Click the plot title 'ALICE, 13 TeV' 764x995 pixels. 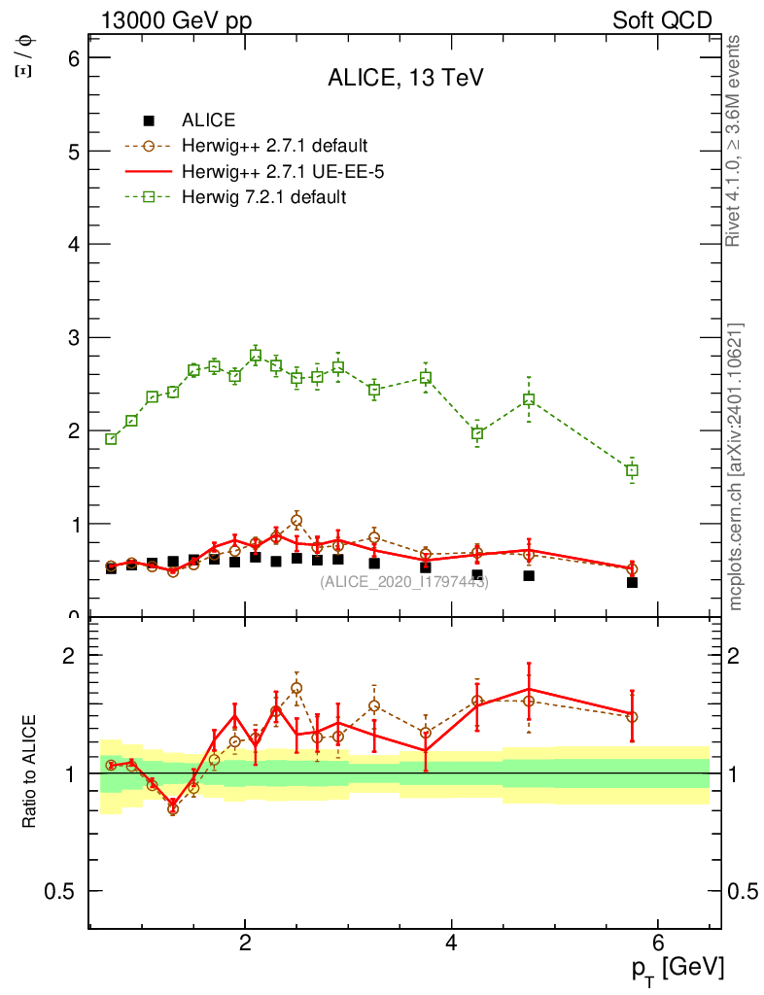[405, 80]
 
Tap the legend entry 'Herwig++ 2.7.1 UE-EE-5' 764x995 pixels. [275, 172]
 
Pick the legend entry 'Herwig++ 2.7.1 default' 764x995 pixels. [274, 147]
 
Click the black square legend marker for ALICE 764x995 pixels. [149, 121]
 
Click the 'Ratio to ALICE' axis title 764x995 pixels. [30, 772]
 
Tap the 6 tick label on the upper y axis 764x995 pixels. [72, 58]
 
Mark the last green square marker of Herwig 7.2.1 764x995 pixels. [632, 470]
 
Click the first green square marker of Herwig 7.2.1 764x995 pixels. [111, 439]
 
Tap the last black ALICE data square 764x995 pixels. [632, 582]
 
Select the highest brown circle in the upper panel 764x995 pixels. [296, 521]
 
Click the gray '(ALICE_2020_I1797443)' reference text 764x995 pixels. [404, 581]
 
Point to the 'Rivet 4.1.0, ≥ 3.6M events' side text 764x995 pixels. [735, 141]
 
